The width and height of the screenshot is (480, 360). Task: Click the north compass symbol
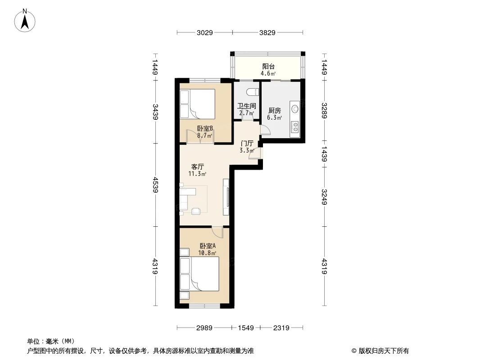(25, 20)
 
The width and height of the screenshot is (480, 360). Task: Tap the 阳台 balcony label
(269, 66)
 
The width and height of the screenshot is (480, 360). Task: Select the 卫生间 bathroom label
(247, 106)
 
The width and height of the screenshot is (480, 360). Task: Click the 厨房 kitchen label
(274, 111)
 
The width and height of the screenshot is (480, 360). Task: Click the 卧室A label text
(208, 246)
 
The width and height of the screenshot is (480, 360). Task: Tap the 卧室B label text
(205, 128)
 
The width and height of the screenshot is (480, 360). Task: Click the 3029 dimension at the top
(204, 32)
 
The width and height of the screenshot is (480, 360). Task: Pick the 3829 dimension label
(267, 32)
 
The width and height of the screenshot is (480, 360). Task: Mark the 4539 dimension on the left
(155, 184)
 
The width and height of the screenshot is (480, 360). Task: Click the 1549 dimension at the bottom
(246, 328)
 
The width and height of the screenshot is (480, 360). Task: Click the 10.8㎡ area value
(208, 252)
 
